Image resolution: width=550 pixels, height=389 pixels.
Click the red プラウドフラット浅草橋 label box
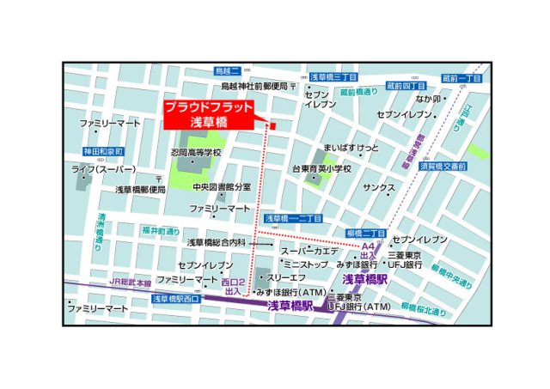(209, 115)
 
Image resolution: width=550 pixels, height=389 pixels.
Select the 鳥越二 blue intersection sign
(226, 71)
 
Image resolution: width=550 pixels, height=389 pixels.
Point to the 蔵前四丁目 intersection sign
(406, 87)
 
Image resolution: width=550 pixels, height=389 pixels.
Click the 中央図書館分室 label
(221, 186)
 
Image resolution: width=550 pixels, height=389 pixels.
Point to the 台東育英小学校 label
(321, 169)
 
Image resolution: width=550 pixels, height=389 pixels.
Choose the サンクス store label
(379, 187)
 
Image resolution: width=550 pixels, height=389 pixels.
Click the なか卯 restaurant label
(428, 99)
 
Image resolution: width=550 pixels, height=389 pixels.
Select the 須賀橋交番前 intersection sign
(443, 166)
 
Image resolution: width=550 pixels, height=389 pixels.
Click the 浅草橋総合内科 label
(217, 243)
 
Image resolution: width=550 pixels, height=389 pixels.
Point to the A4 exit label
(367, 246)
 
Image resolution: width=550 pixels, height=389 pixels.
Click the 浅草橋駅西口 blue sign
(175, 299)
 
